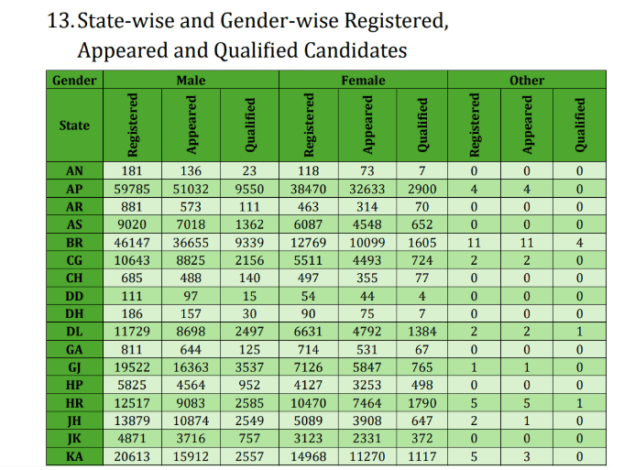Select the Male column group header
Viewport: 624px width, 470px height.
[x=191, y=80]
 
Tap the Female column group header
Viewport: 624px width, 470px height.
[x=363, y=80]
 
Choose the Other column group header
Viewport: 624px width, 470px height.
[x=527, y=80]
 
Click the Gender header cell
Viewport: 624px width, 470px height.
[x=74, y=80]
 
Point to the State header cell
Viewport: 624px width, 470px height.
[x=74, y=125]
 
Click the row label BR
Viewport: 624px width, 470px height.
[x=74, y=242]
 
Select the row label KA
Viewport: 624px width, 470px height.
[x=74, y=456]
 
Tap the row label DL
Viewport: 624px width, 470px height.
[x=74, y=332]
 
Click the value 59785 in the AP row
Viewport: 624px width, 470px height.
[x=134, y=189]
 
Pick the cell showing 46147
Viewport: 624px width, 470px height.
[x=134, y=242]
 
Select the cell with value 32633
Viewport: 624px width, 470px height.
[x=368, y=189]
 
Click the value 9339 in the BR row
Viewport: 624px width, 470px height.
[x=249, y=242]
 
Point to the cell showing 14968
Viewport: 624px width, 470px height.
[x=310, y=456]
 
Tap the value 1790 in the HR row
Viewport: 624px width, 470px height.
[x=422, y=403]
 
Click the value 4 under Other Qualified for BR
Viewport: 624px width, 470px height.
[x=580, y=242]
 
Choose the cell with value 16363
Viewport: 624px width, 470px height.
[x=191, y=367]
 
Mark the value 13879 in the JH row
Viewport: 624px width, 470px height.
[x=134, y=421]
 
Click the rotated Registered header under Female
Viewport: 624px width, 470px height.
[x=310, y=125]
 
